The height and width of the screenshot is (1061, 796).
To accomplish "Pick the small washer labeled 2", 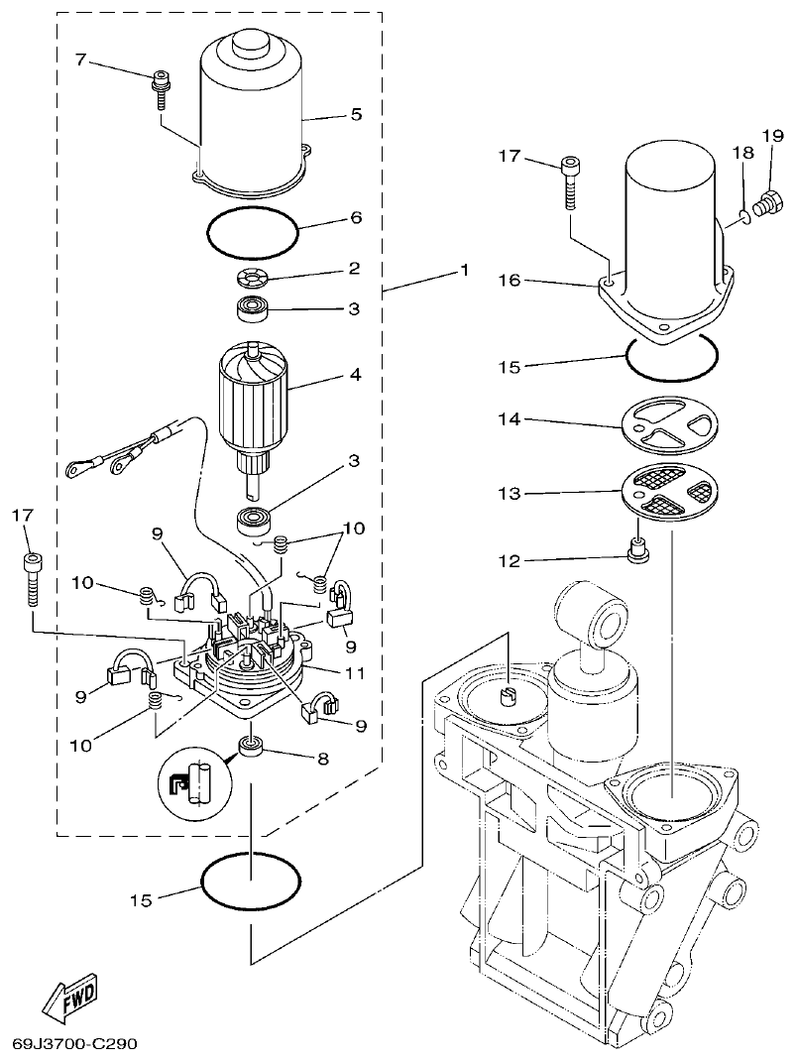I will coord(255,277).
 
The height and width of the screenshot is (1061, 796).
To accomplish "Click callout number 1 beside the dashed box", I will coord(462,270).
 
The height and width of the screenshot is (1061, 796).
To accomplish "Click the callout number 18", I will coord(743,152).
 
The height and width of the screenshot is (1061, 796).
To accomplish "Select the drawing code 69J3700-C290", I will coord(75,1044).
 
